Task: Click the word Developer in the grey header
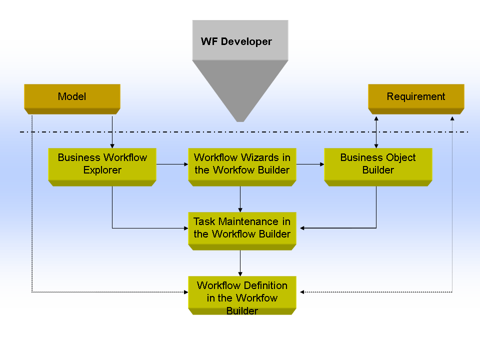[246, 41]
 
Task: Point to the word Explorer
[102, 170]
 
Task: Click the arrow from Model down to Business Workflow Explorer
[112, 131]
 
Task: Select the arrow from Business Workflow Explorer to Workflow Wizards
[172, 163]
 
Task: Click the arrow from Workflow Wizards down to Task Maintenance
[240, 199]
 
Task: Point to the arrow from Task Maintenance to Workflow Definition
[240, 263]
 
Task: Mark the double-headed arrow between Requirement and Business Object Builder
[376, 132]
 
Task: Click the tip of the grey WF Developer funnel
[240, 120]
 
